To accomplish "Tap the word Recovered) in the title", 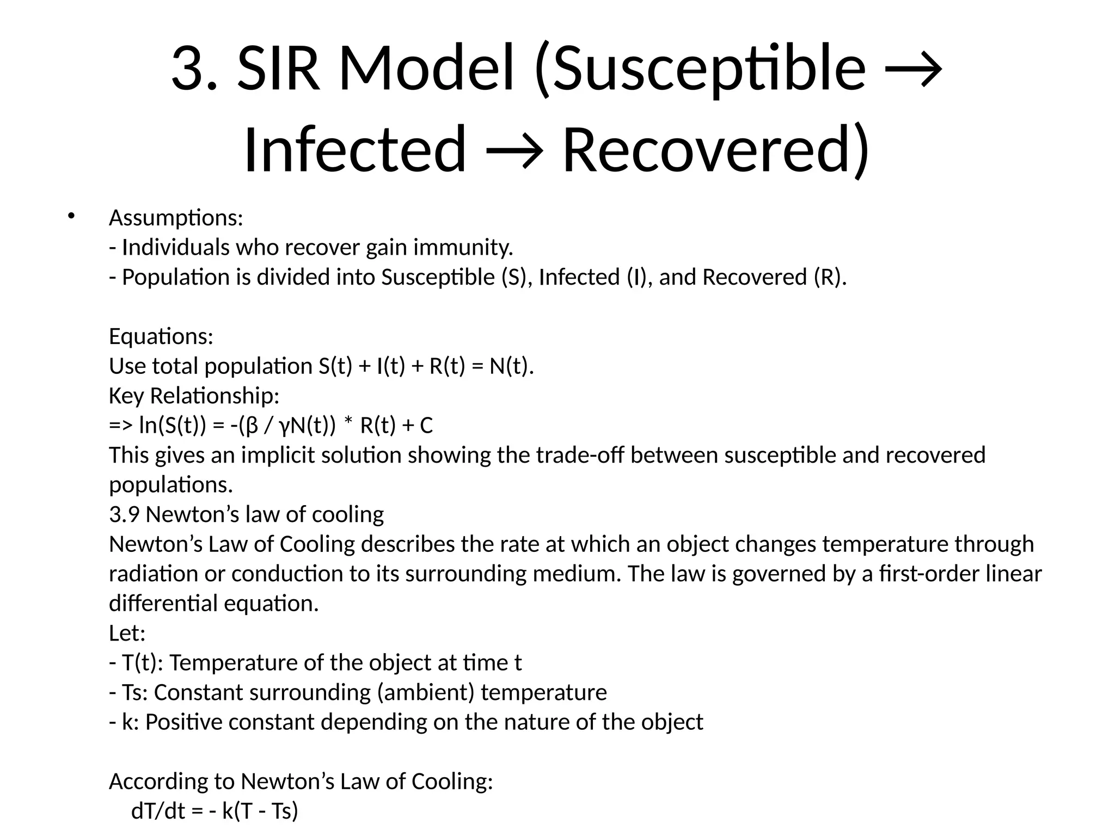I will (x=715, y=149).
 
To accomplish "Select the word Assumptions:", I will (x=176, y=218).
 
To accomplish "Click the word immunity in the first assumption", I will (x=463, y=248).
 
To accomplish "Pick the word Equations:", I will (x=161, y=336).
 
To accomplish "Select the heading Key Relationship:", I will (x=194, y=396).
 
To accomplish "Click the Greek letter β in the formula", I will (x=252, y=426).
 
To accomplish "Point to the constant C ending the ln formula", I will (x=426, y=426).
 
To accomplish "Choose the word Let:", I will (x=127, y=633).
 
